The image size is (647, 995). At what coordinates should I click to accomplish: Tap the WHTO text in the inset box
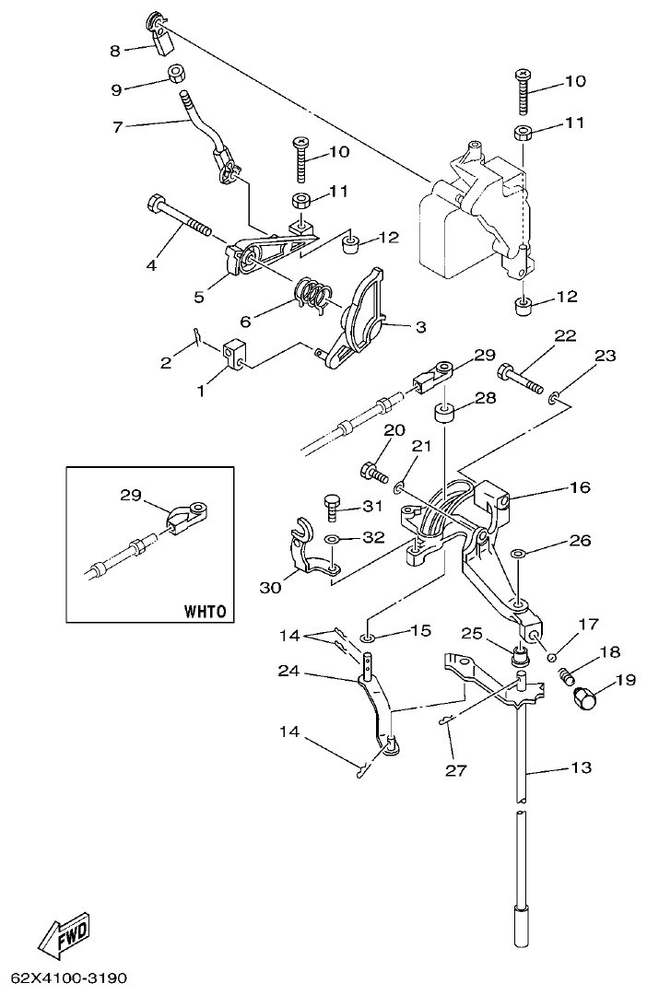coord(204,610)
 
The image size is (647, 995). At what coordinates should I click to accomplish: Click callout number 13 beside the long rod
coord(581,767)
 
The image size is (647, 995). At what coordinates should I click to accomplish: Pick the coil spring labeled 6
coord(313,295)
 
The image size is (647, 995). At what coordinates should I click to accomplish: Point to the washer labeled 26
coord(520,554)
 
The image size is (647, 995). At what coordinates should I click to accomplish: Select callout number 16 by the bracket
coord(580,486)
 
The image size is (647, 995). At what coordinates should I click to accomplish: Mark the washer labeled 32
coord(333,537)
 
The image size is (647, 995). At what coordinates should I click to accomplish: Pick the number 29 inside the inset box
coord(132,495)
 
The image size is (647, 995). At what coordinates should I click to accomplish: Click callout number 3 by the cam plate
coord(419,326)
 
